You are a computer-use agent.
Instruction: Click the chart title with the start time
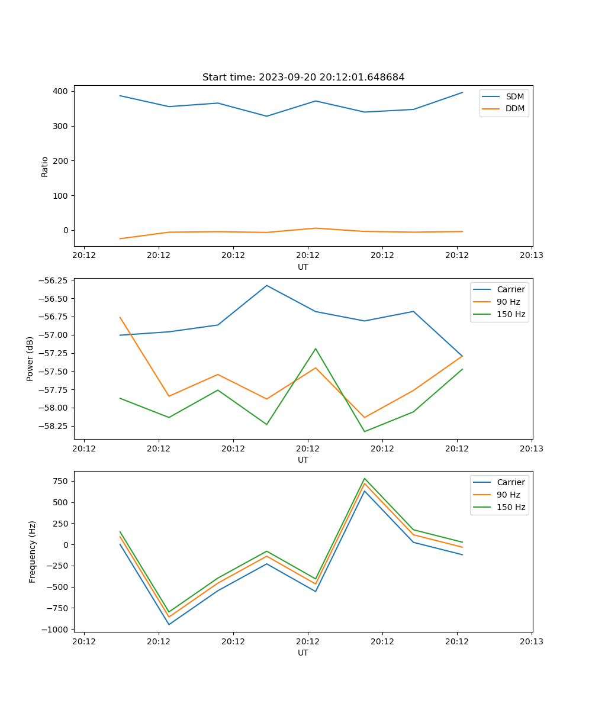[303, 78]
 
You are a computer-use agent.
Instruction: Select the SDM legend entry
[514, 96]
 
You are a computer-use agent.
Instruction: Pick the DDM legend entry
[514, 108]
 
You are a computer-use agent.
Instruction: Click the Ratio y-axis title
[45, 166]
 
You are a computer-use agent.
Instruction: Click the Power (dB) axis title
[30, 359]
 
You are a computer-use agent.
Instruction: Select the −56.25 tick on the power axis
[53, 280]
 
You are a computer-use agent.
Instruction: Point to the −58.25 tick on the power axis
[53, 426]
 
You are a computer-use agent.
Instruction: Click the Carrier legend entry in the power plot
[510, 289]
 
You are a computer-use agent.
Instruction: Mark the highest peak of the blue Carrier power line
[267, 286]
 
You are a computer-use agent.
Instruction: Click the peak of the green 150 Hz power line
[316, 348]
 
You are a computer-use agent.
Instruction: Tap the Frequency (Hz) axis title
[33, 551]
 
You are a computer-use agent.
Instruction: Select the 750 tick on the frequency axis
[61, 481]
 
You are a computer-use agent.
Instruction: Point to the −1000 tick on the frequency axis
[57, 629]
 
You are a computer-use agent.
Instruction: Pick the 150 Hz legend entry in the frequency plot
[510, 507]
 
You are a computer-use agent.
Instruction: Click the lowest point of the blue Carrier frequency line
[169, 624]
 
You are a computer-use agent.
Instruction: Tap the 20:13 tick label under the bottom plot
[532, 641]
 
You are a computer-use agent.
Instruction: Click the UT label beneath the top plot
[303, 267]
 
